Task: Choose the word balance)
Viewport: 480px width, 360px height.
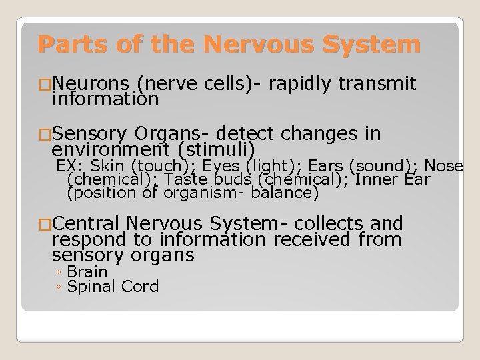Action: click(287, 193)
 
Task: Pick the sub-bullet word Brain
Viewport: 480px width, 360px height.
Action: click(87, 271)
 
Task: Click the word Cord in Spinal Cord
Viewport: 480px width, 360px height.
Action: click(139, 287)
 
